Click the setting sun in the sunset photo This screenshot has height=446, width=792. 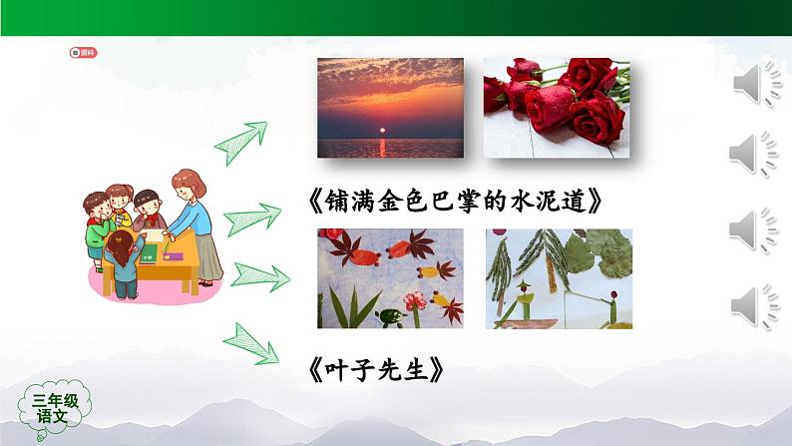(381, 130)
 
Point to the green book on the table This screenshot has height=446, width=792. (147, 257)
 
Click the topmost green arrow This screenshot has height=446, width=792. (242, 140)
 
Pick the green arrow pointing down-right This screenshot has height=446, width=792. (252, 341)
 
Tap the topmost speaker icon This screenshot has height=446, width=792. (755, 82)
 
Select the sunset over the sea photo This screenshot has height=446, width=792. (390, 107)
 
